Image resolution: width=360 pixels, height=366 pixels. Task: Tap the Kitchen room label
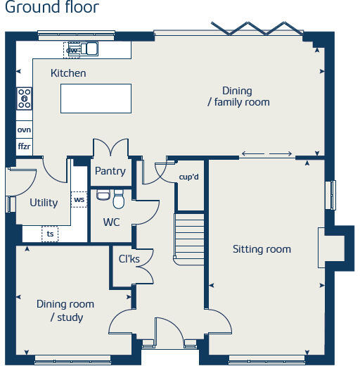pos(68,73)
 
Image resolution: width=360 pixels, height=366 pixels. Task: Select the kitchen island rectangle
pos(96,98)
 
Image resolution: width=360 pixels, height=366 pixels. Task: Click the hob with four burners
pos(25,98)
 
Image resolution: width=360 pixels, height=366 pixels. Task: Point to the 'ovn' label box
pos(25,130)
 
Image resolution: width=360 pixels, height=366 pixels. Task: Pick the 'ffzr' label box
pos(25,146)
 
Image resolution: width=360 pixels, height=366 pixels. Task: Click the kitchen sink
pos(89,49)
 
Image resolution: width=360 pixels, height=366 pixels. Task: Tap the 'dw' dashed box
pos(72,49)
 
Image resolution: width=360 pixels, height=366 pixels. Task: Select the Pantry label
pos(110,171)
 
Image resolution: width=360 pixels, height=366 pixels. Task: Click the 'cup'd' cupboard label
pos(189,177)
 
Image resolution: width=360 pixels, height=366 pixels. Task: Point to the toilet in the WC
pos(118,200)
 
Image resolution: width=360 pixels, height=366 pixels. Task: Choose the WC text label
pos(111,222)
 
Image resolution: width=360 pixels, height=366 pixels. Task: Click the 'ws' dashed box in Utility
pos(78,200)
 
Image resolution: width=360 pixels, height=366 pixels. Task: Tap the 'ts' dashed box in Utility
pos(50,233)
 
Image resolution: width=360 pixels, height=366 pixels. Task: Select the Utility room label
pos(44,203)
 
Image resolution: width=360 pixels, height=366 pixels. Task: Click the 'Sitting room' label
pos(262,249)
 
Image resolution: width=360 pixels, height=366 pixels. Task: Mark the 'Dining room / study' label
pos(65,310)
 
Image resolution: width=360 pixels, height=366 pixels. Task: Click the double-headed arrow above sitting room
pos(266,154)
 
